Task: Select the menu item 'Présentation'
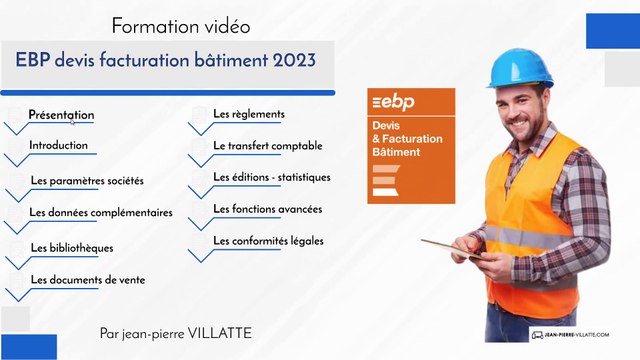click(61, 115)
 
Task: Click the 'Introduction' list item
click(59, 146)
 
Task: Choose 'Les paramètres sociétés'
click(87, 181)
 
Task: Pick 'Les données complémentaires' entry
click(101, 212)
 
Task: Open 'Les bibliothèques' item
click(72, 247)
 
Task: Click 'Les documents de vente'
click(88, 280)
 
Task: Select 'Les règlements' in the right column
click(249, 114)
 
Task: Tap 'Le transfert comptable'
click(268, 146)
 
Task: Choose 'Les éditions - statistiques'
click(272, 177)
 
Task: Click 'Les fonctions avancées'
click(268, 209)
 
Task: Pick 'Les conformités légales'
click(269, 241)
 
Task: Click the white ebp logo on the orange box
click(394, 103)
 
